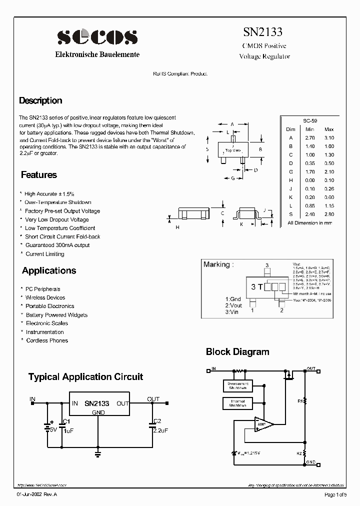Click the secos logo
pos(97,36)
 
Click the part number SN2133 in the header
pos(262,32)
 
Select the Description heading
pos(40,100)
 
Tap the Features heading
pos(39,175)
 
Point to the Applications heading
pos(49,270)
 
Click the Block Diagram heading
pos(237,352)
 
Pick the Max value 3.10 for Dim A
pos(328,137)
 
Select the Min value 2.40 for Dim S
pos(310,214)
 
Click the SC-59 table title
pos(310,120)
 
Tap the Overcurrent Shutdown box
pos(237,385)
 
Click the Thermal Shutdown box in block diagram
pos(237,403)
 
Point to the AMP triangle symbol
pos(263,424)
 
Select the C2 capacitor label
pos(157,420)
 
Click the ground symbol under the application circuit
pos(98,453)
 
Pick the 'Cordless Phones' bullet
pos(47,340)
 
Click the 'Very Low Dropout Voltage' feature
pos(57,219)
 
